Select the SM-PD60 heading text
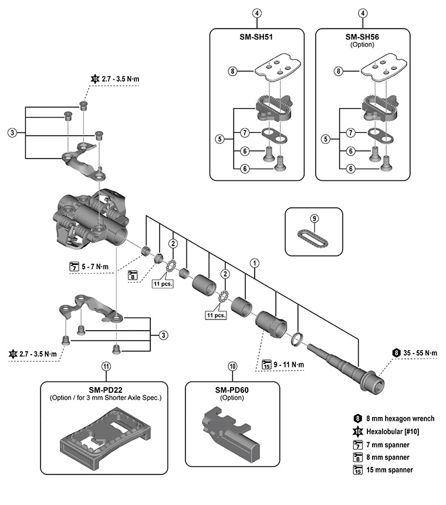233,389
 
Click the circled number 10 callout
233,366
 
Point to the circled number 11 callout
106,366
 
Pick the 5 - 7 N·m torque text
95,267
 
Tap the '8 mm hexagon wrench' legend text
400,418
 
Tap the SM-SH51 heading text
256,36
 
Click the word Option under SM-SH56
362,45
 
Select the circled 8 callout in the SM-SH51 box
232,72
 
